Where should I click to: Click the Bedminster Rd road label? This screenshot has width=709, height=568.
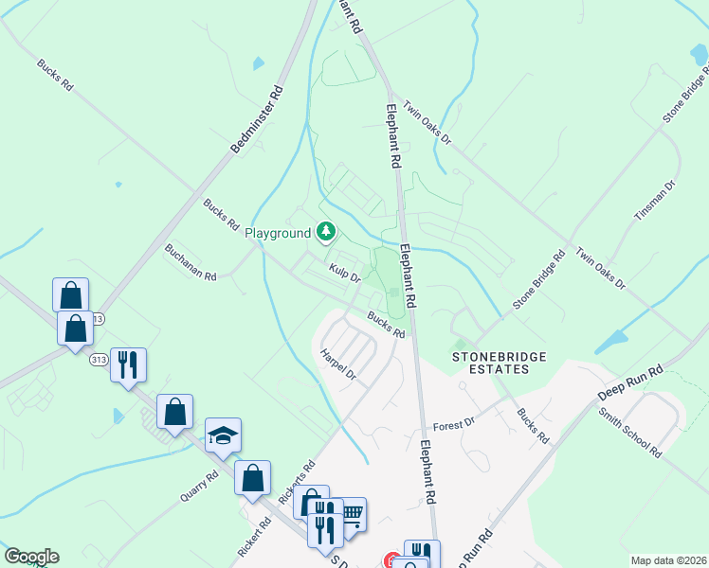point(257,119)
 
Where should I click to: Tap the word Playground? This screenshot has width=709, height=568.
point(278,233)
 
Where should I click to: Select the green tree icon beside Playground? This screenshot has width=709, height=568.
point(326,231)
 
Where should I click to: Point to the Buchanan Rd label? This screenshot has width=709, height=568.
point(191,263)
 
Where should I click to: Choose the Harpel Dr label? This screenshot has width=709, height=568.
point(337,364)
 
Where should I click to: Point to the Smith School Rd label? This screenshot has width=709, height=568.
point(629,433)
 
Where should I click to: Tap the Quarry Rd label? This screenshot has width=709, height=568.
point(197,488)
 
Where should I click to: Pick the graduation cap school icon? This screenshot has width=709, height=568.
point(223,435)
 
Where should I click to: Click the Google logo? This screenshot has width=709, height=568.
point(31,557)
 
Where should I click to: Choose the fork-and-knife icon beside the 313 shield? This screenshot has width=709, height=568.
point(128,364)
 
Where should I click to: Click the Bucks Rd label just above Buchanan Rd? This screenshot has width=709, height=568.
point(220,214)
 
